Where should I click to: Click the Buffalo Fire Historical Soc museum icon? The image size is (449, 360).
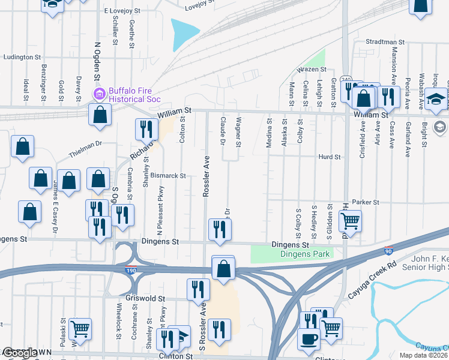tap(98, 94)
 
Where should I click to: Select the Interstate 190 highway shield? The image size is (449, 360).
tap(131, 271)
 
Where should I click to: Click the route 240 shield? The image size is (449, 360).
tap(346, 80)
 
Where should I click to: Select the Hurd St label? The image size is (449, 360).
tap(330, 157)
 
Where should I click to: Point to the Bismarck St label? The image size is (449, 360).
tap(167, 176)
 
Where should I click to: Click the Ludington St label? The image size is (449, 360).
tap(22, 57)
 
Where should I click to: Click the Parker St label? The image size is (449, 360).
tap(366, 202)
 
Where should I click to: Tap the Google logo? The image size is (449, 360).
tap(20, 353)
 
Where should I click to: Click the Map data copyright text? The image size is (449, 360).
tap(423, 355)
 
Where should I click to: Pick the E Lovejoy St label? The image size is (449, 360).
tap(122, 11)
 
